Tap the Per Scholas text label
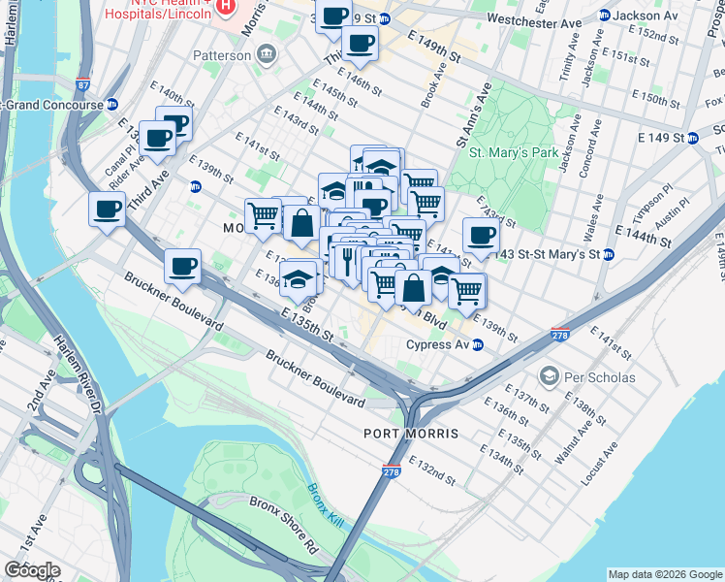(x=603, y=376)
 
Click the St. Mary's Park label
(x=514, y=152)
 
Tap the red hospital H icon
(x=225, y=6)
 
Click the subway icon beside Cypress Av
(x=477, y=345)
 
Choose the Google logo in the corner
(x=32, y=570)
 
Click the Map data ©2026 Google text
(x=664, y=574)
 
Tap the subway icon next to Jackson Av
(x=604, y=16)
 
